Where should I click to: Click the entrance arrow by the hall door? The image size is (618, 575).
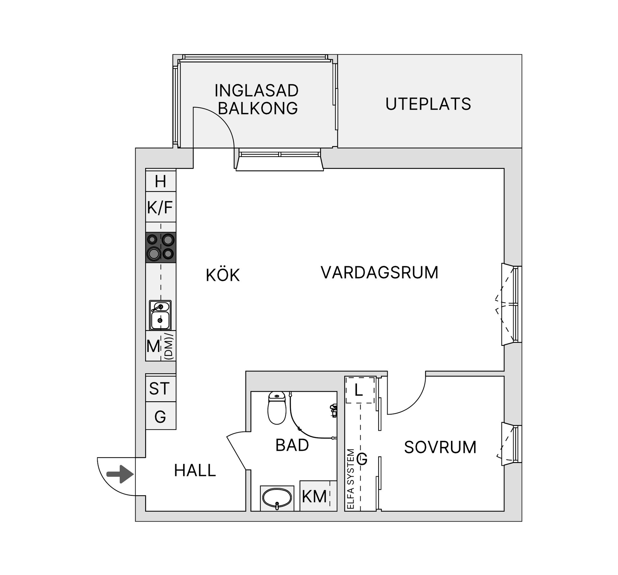point(120,474)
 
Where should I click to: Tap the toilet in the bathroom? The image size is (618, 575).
point(277,408)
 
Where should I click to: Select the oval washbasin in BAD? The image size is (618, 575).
point(277,498)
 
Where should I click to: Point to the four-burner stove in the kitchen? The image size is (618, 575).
point(161,247)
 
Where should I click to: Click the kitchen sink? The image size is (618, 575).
point(160,315)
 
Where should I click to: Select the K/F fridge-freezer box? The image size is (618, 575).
point(160,207)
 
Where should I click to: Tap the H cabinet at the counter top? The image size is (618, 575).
point(160,181)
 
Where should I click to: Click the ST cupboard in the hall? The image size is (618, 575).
point(160,388)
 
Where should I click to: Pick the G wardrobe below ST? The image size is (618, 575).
point(160,417)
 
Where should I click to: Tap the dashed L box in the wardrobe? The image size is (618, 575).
point(360,390)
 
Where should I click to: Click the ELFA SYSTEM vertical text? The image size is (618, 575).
point(351,479)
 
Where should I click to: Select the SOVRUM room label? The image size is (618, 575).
point(440,447)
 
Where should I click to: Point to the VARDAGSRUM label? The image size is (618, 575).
point(379,272)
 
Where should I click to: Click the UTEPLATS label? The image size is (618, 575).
point(428,104)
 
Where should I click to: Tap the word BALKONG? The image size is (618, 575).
point(258,108)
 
